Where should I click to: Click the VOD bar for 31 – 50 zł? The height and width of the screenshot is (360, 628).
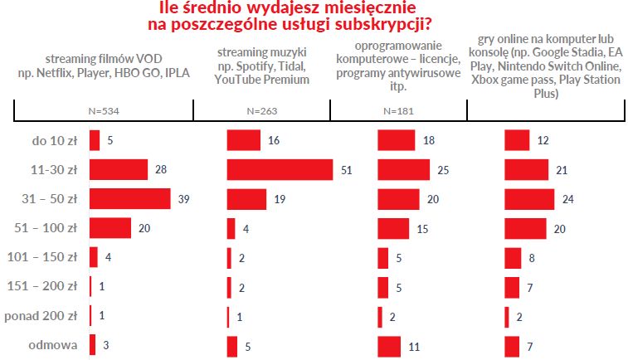pos(129,199)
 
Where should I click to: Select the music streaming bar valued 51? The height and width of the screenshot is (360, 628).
pos(279,170)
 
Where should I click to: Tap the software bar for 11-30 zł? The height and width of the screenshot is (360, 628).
pos(403,170)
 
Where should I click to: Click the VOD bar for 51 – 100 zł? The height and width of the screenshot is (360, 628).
pos(110,228)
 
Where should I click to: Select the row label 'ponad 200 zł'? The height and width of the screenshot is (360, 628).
pos(41,315)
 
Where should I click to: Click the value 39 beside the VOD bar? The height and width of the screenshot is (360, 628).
pos(183,199)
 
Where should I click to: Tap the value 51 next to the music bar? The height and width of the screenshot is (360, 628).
pos(346,170)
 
